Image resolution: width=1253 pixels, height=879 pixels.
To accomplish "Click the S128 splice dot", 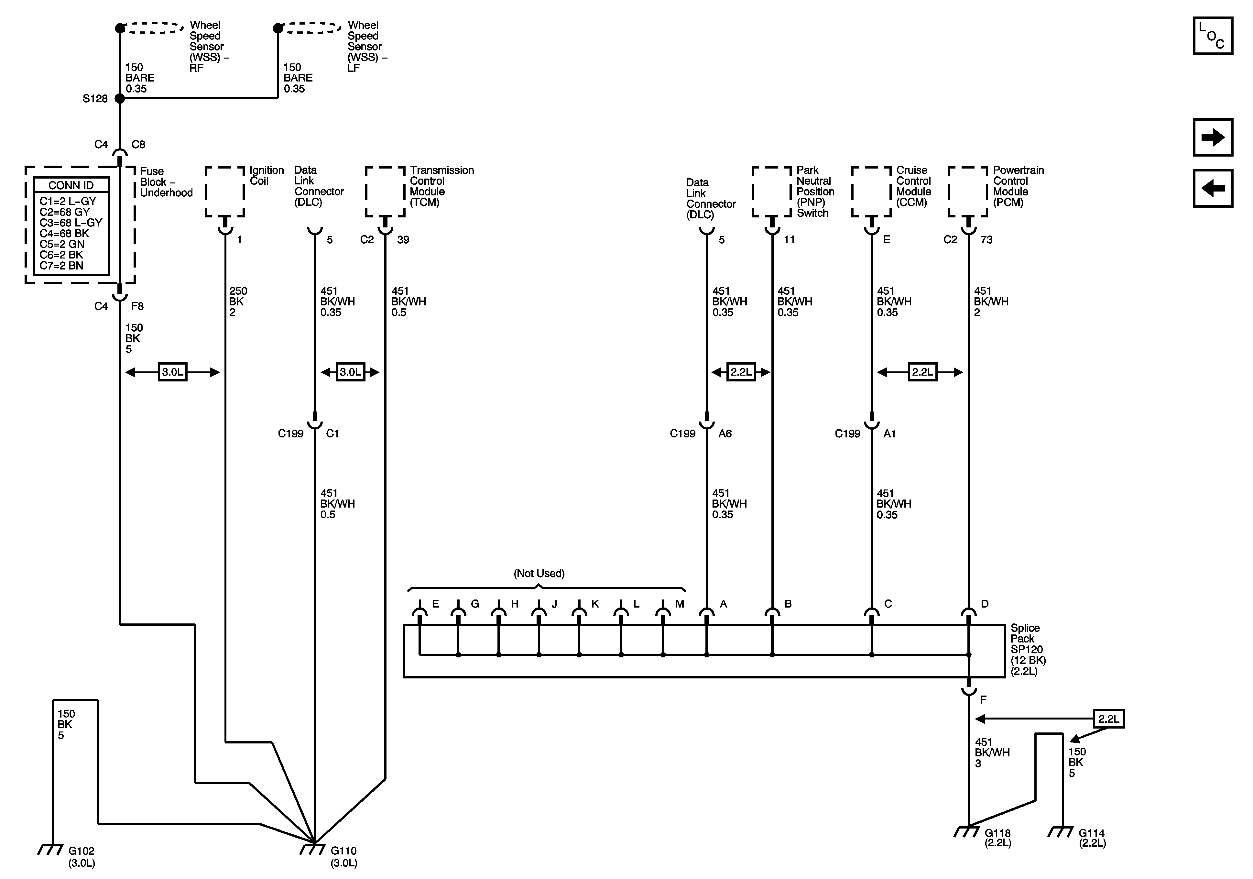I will tap(120, 99).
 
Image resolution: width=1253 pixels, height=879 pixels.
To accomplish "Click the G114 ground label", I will tap(1092, 838).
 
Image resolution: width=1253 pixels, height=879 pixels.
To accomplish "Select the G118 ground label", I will tap(997, 838).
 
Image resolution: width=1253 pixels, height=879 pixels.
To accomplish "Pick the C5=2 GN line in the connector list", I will tap(62, 244).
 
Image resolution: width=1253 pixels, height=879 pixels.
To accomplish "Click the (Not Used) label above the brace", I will tap(539, 573).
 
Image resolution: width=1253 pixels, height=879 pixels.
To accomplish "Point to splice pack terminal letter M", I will tap(680, 604).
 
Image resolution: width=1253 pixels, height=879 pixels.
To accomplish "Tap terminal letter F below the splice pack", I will tap(983, 699).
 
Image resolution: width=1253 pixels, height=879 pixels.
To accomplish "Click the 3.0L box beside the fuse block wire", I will tap(172, 372).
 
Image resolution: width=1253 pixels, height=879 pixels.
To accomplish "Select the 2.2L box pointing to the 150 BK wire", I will tap(1108, 719).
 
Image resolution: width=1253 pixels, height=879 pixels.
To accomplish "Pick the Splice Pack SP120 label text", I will tap(1027, 649).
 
